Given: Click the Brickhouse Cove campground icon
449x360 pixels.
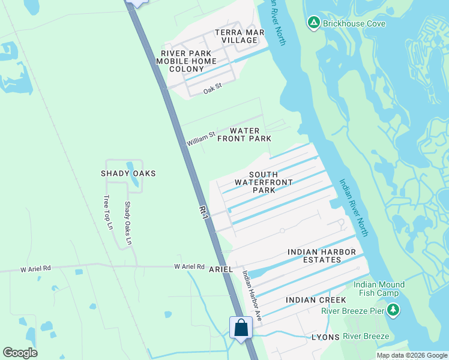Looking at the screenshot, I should tap(313, 23).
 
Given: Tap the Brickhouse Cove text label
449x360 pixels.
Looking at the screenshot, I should tap(354, 23).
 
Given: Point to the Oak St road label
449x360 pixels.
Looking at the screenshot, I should tap(212, 89).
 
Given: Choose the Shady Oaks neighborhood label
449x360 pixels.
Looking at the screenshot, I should tap(128, 173).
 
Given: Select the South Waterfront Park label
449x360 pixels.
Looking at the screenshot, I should tap(264, 182).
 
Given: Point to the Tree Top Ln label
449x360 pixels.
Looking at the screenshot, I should tap(108, 212).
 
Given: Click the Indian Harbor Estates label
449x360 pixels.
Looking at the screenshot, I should tap(322, 256).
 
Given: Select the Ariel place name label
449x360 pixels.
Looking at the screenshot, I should tap(220, 269).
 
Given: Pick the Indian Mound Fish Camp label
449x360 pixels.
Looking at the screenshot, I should tap(379, 289).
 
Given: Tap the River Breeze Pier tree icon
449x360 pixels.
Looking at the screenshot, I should tap(393, 310).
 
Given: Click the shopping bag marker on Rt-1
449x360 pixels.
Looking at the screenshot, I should tap(241, 328).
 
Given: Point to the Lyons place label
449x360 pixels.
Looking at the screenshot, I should tap(325, 337).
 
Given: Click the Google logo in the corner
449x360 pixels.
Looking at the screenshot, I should tap(20, 353).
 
